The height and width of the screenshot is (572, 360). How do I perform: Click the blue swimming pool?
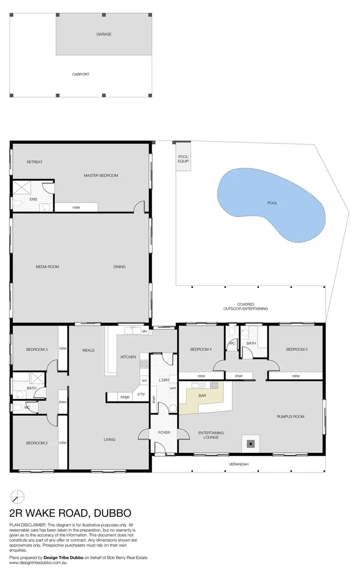point(271,204)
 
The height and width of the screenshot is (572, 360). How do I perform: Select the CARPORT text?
point(81,74)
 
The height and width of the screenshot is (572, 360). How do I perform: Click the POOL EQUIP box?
point(183,159)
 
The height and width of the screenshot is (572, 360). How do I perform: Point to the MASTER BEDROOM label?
point(101,175)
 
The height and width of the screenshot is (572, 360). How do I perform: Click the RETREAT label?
point(35,162)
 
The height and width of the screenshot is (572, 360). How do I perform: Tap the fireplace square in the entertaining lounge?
point(251,444)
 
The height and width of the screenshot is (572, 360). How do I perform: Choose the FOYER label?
point(164,433)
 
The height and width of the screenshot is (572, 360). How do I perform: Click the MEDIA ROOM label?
point(47,267)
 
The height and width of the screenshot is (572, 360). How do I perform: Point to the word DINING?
point(120,267)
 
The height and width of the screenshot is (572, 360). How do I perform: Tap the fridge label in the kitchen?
point(125,397)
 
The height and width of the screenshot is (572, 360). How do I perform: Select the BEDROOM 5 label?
point(296,349)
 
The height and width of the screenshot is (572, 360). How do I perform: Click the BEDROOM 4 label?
point(201,349)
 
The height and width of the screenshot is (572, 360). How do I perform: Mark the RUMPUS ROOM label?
point(290,416)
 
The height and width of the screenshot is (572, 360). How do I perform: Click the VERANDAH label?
point(238,464)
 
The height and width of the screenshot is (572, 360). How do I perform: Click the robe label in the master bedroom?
point(76,207)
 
